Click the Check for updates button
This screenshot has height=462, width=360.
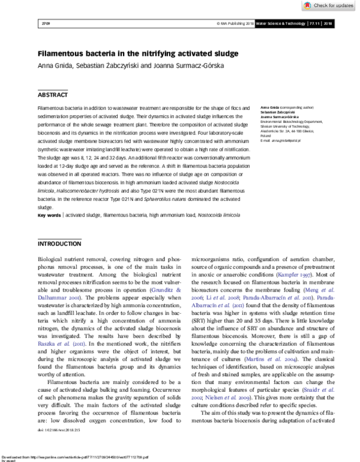click(x=331, y=5)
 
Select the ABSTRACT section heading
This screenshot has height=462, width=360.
click(x=53, y=95)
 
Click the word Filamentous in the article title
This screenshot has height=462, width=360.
click(x=67, y=54)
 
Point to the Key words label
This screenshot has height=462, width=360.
click(x=49, y=215)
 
